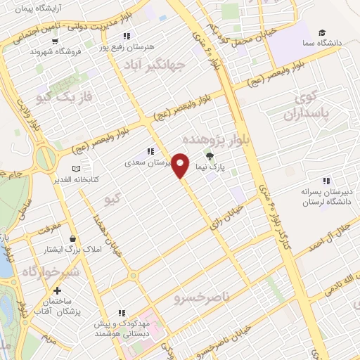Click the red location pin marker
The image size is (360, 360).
pos(181,165)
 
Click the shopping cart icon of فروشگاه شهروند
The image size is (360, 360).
pos(34,51)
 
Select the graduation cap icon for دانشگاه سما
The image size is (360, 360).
pos(322,33)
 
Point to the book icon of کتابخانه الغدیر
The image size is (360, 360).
pos(77,169)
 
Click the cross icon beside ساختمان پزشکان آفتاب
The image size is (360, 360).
pos(57,290)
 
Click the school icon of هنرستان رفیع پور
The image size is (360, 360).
pos(125,36)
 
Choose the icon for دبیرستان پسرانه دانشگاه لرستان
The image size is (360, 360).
pos(325,179)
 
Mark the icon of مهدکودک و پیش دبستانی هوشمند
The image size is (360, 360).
pos(122,314)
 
